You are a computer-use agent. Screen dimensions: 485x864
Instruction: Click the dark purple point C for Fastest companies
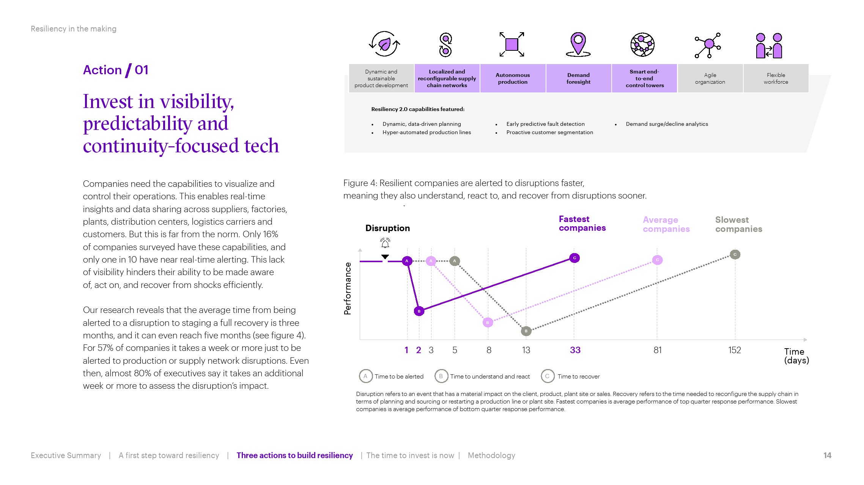click(574, 258)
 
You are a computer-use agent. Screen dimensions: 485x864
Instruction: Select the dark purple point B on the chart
click(419, 311)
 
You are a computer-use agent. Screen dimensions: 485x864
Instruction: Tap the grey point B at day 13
click(526, 331)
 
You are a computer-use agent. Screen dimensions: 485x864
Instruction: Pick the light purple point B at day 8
click(488, 322)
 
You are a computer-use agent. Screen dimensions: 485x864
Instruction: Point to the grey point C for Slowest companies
click(735, 255)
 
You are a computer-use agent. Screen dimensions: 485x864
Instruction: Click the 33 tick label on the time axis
click(575, 350)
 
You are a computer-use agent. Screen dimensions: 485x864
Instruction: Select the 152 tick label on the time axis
click(734, 350)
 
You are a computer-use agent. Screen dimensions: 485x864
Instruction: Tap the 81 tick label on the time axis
click(658, 350)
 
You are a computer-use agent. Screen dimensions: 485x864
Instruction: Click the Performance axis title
click(348, 288)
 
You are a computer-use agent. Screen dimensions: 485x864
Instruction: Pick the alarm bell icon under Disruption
click(385, 242)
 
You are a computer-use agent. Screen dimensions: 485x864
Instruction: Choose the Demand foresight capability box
click(578, 78)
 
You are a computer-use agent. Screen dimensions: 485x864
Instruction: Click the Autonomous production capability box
click(513, 78)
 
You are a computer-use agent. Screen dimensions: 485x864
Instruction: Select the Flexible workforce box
click(776, 78)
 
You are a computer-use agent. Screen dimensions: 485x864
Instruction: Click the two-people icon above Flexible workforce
click(769, 45)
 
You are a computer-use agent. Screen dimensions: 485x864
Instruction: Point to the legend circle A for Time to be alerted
click(365, 376)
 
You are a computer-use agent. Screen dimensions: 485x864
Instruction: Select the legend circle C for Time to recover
click(548, 376)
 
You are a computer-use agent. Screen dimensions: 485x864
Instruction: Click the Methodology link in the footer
click(491, 455)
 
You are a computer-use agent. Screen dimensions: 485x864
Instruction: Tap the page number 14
click(827, 455)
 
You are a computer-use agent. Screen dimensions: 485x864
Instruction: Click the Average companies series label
click(666, 224)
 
